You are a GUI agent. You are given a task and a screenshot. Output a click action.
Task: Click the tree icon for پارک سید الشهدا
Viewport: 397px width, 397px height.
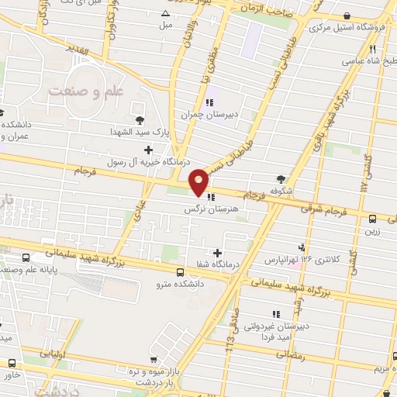click(140, 119)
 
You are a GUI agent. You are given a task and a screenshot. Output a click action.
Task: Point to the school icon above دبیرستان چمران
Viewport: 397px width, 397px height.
click(209, 102)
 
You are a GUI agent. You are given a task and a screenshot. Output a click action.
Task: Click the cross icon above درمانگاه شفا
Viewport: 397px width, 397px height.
click(217, 253)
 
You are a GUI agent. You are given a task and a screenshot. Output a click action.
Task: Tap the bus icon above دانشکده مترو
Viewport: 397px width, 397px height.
click(180, 272)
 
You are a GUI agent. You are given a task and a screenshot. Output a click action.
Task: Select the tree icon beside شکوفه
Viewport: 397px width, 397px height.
click(292, 178)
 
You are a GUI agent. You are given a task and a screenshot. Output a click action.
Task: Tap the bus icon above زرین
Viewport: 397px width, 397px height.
click(372, 219)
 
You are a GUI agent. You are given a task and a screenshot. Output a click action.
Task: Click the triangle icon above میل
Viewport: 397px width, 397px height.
click(165, 14)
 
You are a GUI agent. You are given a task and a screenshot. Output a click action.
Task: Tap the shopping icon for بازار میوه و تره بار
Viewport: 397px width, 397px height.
click(157, 360)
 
